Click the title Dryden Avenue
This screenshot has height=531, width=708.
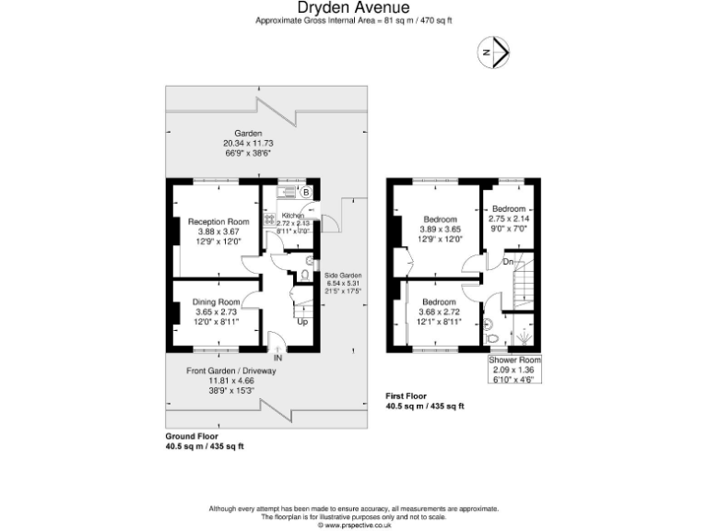click(353, 8)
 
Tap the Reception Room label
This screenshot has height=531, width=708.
click(218, 222)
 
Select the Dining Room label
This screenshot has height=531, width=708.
click(217, 302)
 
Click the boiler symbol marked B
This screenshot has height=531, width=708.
click(306, 193)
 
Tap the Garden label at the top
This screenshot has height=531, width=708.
click(248, 134)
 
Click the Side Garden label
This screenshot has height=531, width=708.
click(342, 276)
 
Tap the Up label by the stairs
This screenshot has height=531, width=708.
click(301, 322)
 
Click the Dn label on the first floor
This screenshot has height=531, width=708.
click(507, 263)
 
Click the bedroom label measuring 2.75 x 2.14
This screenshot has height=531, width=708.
click(508, 209)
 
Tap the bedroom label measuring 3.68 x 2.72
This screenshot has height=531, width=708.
click(439, 302)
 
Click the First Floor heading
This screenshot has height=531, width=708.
click(406, 396)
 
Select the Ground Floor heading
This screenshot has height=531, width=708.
click(185, 437)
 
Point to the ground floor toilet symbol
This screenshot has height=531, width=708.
click(306, 275)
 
